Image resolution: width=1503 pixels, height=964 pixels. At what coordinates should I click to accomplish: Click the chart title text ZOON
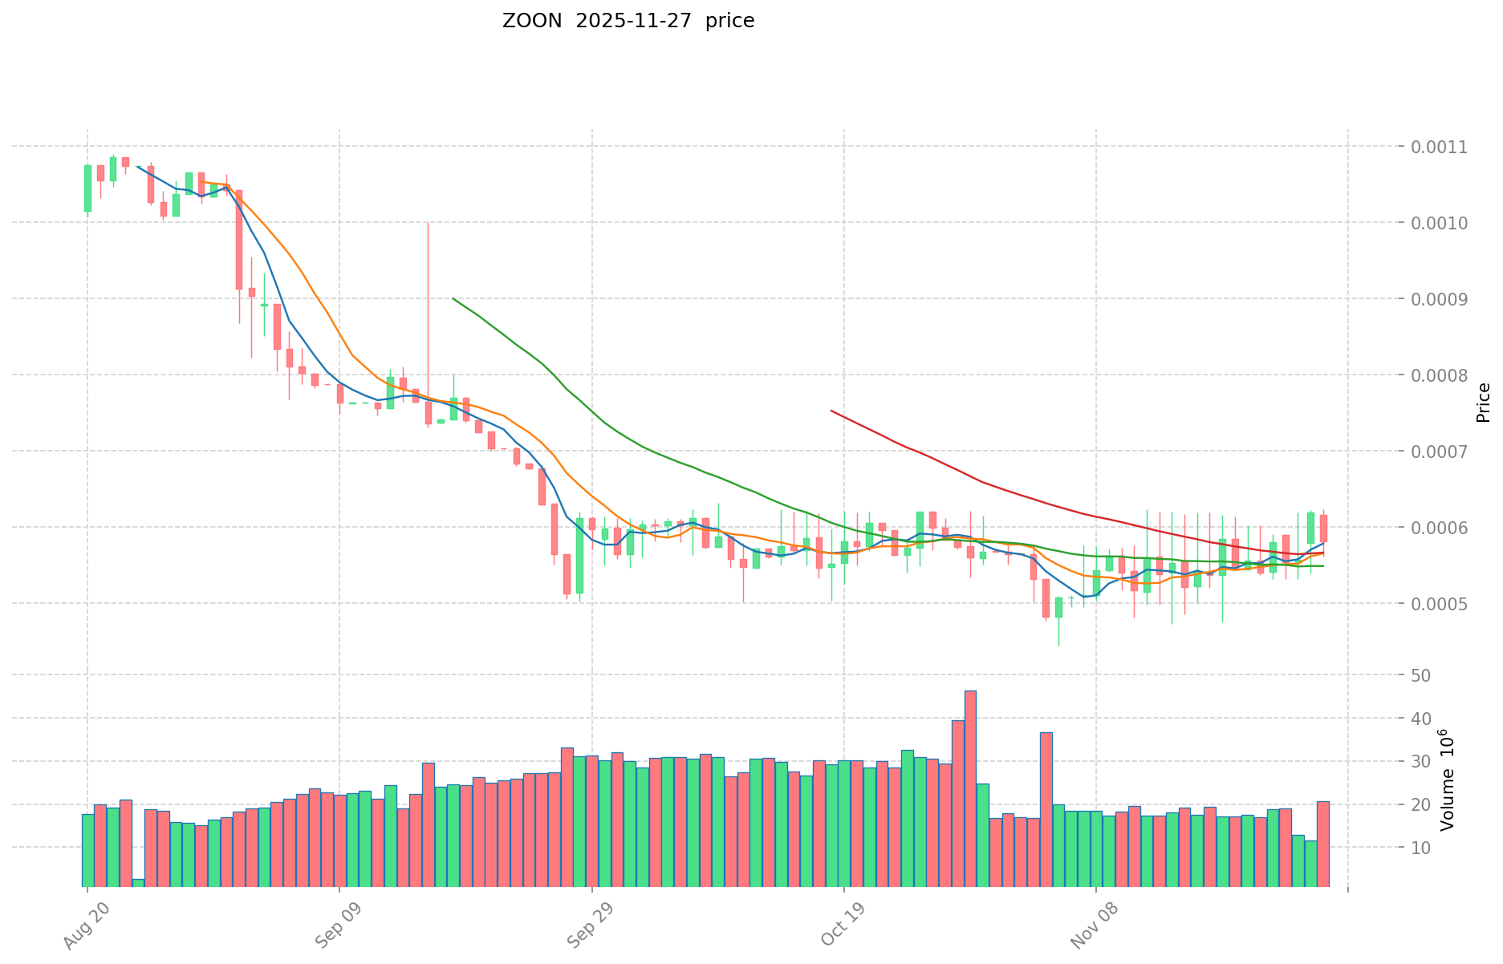[532, 21]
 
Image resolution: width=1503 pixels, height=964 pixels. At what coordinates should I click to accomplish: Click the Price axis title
[1483, 403]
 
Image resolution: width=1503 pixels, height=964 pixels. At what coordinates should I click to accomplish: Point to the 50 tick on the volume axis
[1421, 675]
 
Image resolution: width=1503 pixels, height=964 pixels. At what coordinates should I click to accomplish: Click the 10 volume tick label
[1421, 848]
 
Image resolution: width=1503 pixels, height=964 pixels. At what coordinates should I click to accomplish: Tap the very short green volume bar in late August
[138, 882]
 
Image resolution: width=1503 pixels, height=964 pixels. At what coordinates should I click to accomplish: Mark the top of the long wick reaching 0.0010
[428, 223]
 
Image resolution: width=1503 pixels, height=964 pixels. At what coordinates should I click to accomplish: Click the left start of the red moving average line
[831, 411]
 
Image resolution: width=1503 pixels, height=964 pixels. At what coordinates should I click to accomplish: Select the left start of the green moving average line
[453, 298]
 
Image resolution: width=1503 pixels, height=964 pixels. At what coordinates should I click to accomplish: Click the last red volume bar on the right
[1322, 842]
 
